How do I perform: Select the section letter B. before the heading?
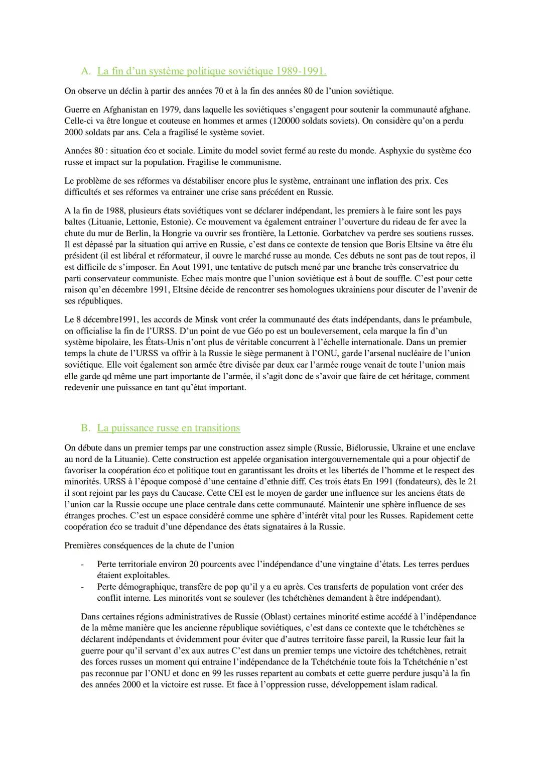click(x=85, y=428)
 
